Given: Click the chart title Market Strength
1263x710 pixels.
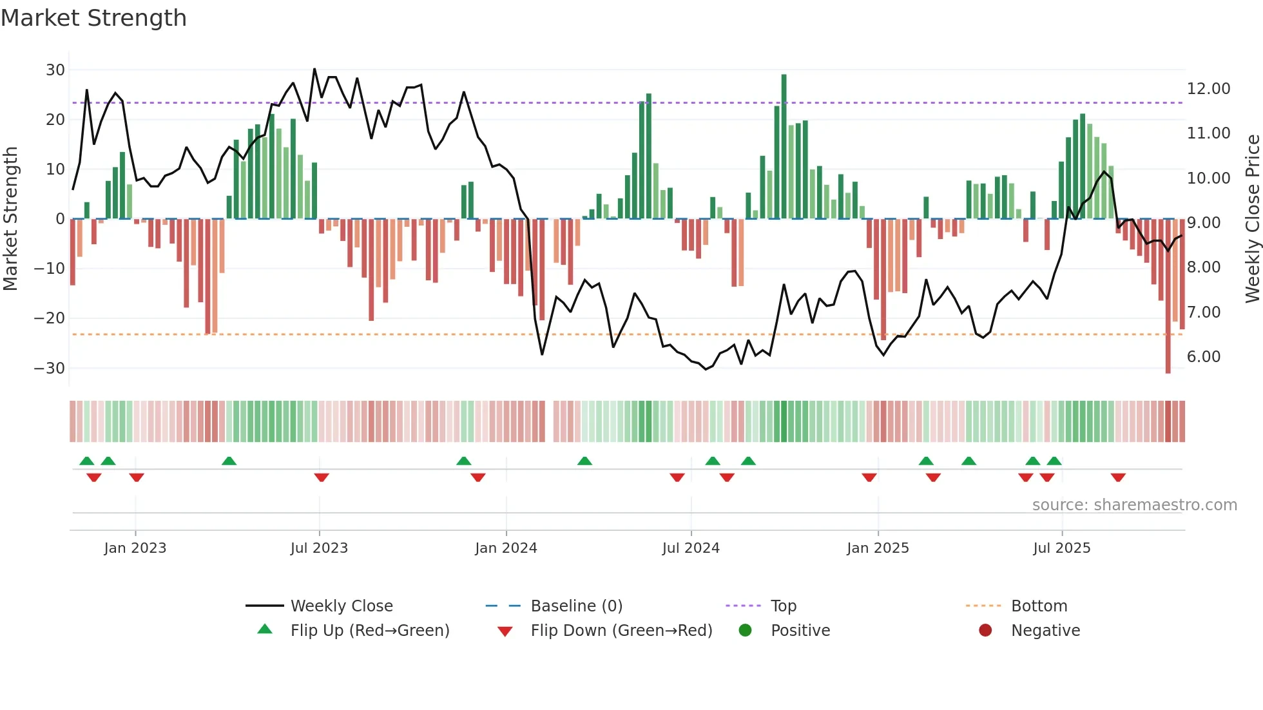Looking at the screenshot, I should coord(93,18).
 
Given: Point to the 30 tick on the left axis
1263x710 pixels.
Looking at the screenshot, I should coord(55,70).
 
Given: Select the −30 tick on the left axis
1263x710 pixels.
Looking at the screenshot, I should coord(50,368).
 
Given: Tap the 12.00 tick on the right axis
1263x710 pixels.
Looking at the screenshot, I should coord(1208,88).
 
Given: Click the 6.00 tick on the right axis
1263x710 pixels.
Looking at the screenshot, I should coord(1203,356).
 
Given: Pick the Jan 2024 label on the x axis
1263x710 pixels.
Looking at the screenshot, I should coord(506,548).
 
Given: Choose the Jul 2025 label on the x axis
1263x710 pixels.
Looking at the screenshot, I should coord(1061,548).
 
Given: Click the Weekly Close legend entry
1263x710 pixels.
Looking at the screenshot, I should coord(341,606).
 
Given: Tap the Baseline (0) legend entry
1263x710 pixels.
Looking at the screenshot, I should coord(576,606).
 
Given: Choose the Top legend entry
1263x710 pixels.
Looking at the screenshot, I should coord(783,606).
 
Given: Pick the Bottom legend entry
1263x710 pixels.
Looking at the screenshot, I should coord(1039,606).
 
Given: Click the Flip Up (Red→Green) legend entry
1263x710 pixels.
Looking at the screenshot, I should coord(369,630).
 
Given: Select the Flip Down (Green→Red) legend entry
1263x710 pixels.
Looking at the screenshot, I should coord(621,630).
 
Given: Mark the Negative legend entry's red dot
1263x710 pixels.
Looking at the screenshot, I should coord(985,630).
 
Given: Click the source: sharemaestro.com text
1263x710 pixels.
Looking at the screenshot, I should coord(1134,504).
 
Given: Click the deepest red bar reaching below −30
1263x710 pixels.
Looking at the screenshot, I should coord(1168,296).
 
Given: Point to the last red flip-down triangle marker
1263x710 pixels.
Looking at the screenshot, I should coord(1118,477).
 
